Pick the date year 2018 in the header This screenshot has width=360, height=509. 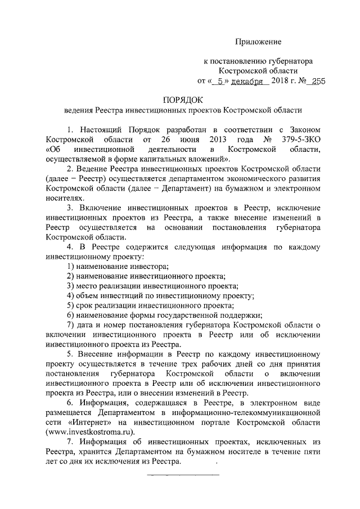(280, 82)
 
